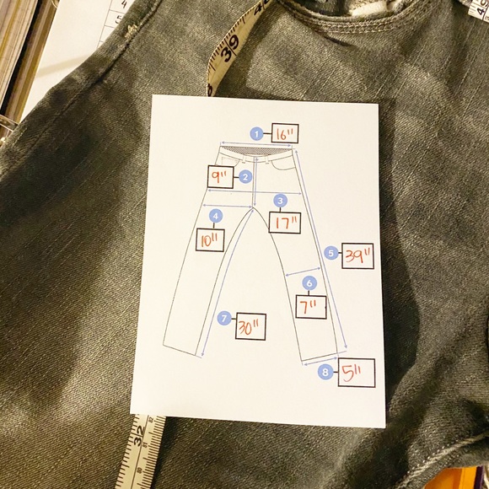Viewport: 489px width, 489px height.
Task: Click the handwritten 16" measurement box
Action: tap(285, 133)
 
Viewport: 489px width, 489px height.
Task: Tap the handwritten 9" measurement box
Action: tap(221, 177)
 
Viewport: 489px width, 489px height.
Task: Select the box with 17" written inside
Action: tap(285, 223)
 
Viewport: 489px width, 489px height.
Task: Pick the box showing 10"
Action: tap(210, 239)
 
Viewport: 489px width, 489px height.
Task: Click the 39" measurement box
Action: tap(357, 255)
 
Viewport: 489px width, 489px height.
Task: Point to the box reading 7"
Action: tap(311, 307)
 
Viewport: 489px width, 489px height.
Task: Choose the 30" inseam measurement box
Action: tap(250, 326)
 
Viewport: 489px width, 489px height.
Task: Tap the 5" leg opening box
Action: tap(357, 373)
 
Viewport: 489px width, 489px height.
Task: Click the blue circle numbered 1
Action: tap(256, 134)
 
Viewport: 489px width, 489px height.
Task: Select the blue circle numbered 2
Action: tap(245, 177)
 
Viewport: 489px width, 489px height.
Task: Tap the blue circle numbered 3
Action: tap(281, 201)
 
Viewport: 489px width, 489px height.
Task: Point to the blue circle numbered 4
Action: tap(216, 216)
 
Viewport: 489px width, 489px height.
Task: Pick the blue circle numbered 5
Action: tap(330, 253)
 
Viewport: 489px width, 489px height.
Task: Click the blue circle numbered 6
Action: tap(309, 283)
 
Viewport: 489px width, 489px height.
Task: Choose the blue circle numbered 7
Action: tap(224, 318)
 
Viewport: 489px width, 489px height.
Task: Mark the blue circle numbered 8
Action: tap(325, 372)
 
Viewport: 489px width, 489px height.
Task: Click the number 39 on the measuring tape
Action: tap(230, 49)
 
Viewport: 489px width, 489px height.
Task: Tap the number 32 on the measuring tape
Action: tap(139, 434)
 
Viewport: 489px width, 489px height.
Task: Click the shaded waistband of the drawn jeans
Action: tap(255, 151)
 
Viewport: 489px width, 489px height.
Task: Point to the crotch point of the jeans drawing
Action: tap(253, 208)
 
